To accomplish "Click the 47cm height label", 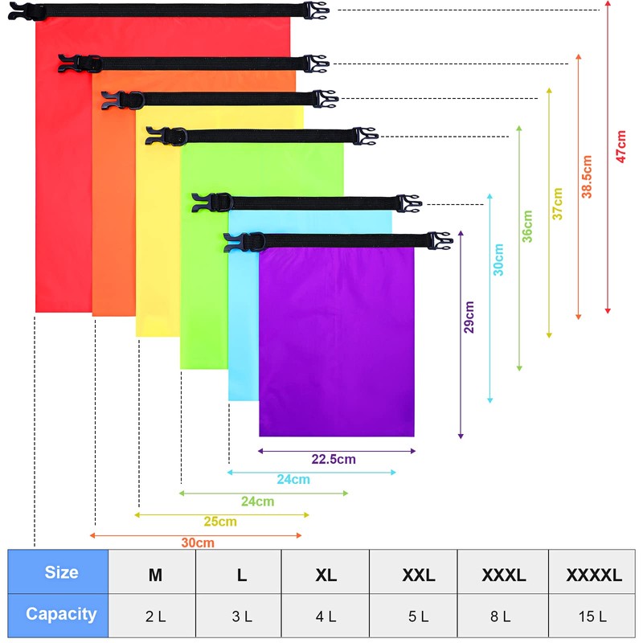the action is (620, 146).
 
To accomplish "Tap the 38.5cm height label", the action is (588, 177).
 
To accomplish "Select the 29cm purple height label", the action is (470, 316).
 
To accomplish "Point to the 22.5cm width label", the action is (333, 460).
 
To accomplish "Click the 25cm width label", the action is (220, 522).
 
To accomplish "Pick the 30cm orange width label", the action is (197, 543).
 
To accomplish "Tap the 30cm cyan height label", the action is (498, 260).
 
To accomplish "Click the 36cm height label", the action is (527, 227).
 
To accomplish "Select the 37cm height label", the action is (557, 203).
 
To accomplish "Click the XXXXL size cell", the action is (593, 575).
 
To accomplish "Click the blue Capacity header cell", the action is (61, 614).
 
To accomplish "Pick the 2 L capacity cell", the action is (155, 616).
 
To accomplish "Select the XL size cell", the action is (326, 575).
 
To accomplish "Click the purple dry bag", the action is (336, 342).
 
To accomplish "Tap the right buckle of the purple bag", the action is (440, 240).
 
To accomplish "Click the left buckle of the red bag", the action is (24, 11).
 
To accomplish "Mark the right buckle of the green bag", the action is (364, 136).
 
